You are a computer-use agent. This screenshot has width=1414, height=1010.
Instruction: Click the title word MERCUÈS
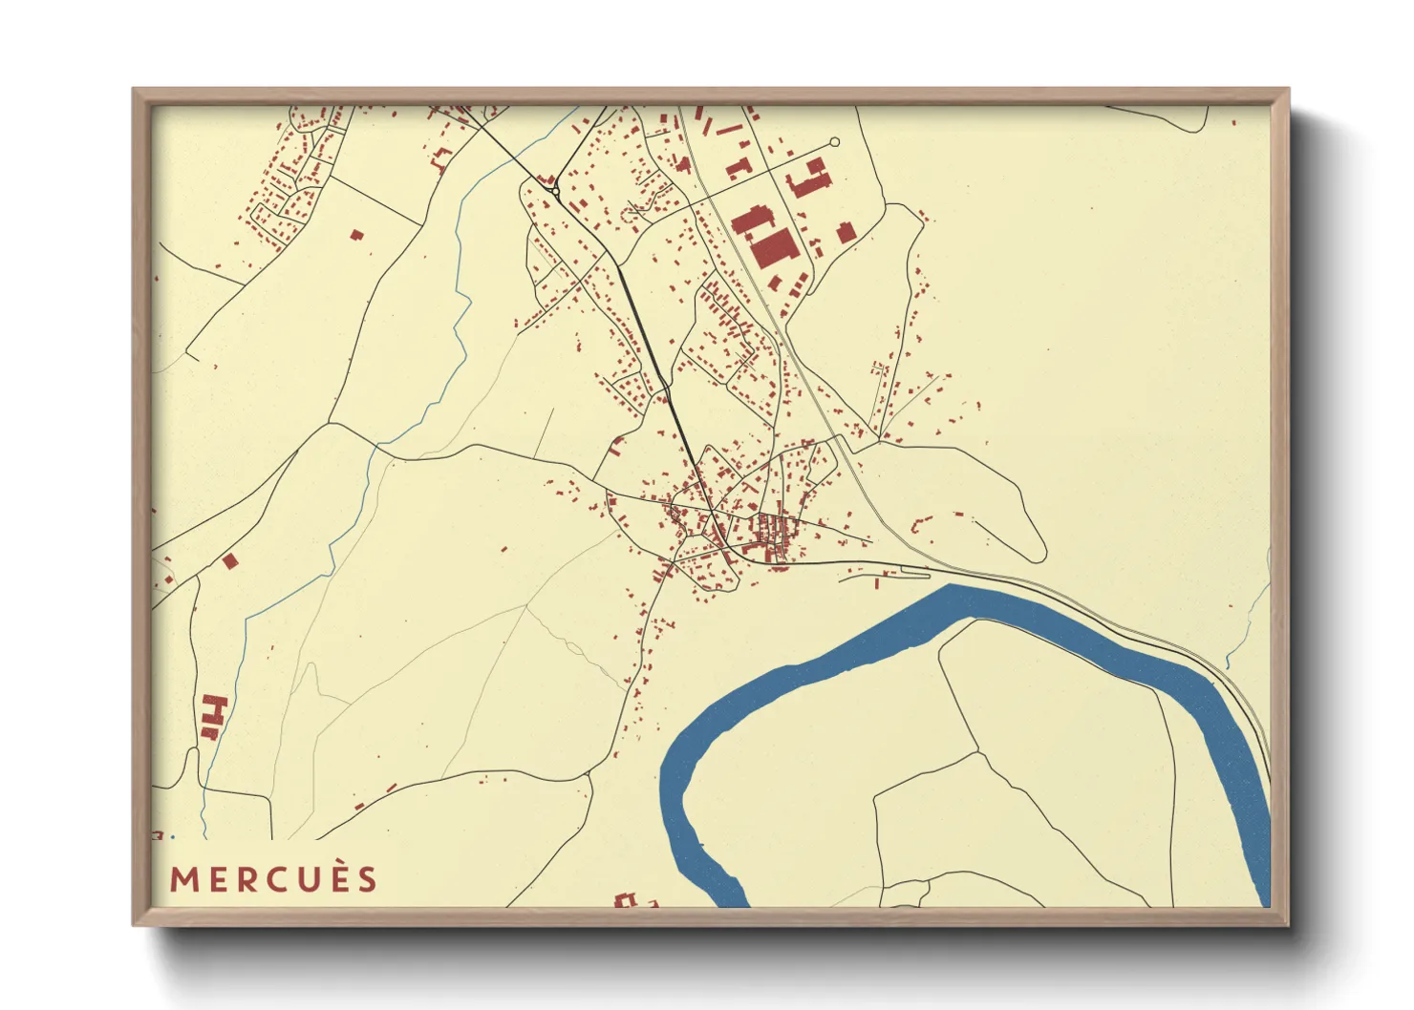point(274,879)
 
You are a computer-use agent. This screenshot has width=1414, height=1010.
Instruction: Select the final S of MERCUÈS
point(368,879)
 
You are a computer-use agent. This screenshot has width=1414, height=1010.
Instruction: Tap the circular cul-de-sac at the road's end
point(834,142)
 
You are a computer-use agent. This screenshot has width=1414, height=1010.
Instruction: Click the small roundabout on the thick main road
point(555,191)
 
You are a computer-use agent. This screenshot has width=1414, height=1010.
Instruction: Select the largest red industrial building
point(774,247)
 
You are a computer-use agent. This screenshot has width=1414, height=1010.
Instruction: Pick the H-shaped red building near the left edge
point(216,711)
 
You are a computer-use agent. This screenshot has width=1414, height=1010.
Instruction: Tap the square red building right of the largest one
point(845,232)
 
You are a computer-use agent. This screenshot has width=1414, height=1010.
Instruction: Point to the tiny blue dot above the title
point(173,836)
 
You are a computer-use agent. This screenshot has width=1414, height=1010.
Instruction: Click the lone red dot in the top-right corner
point(1234,122)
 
